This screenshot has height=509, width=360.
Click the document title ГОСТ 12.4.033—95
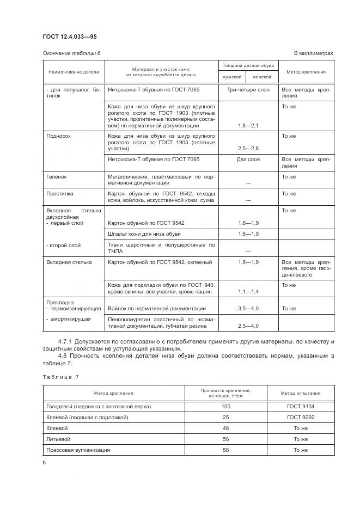point(70,36)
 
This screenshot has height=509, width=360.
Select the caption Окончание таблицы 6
point(71,53)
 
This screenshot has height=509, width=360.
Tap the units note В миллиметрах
point(313,53)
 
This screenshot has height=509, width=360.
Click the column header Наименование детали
point(74,72)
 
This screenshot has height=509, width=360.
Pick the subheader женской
point(262,77)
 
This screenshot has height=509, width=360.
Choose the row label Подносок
point(59,136)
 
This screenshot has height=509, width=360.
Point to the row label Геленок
point(57,177)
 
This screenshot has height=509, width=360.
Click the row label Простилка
point(59,194)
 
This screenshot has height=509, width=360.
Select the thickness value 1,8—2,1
point(248,126)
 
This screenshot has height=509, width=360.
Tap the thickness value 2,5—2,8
point(248,148)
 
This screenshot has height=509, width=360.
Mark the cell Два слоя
point(248,160)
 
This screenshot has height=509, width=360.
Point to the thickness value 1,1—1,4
point(248,292)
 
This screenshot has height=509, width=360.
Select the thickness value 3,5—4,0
point(248,309)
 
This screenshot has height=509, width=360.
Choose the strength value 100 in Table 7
point(226,407)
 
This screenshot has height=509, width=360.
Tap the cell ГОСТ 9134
point(301,407)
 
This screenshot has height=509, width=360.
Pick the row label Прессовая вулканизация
point(78,450)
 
